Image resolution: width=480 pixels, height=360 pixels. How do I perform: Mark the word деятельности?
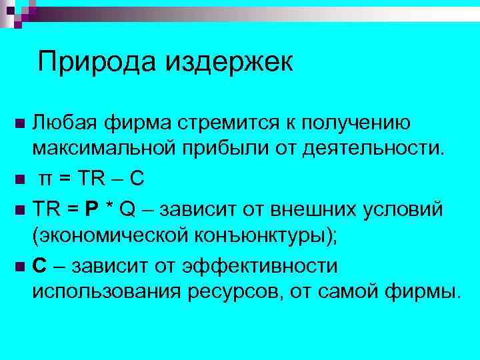(377, 147)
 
